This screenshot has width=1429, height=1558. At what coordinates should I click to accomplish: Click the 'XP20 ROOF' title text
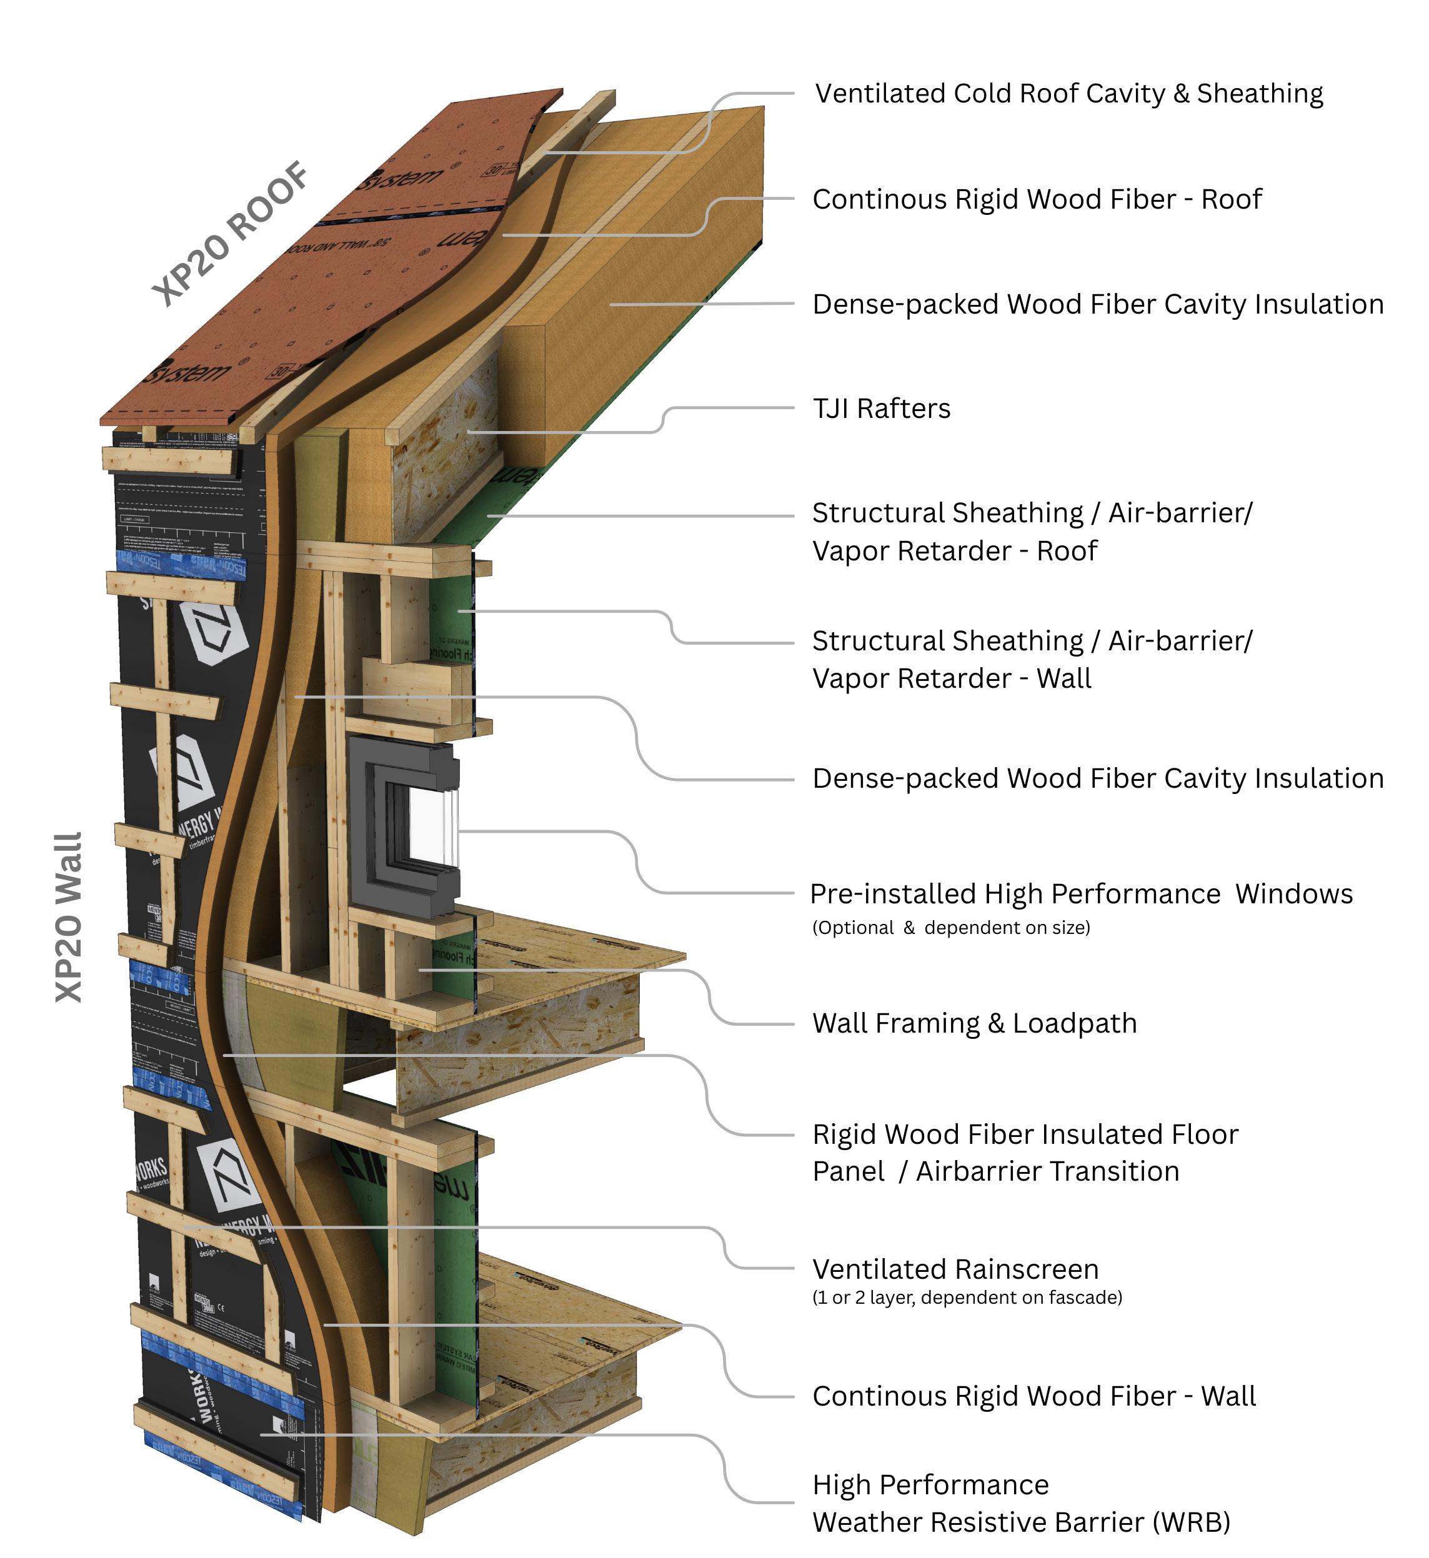click(231, 233)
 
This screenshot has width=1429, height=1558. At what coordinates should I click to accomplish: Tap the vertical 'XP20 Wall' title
click(69, 917)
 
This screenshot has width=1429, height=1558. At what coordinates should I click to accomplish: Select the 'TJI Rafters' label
click(882, 409)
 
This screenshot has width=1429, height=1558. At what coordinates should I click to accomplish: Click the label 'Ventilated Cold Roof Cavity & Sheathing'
click(1068, 94)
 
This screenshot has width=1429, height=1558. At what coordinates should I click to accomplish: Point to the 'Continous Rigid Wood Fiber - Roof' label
click(1036, 199)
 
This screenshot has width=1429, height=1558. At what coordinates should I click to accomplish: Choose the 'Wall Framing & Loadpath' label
click(974, 1023)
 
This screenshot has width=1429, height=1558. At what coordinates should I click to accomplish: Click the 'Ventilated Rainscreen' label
click(955, 1269)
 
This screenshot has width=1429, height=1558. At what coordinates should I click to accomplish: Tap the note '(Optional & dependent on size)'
click(951, 928)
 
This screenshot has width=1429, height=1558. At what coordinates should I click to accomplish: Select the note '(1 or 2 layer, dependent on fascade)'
click(967, 1298)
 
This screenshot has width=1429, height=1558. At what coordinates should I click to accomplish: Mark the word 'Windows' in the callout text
click(1293, 894)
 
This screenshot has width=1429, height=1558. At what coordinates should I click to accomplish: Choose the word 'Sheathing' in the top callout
click(1260, 94)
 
